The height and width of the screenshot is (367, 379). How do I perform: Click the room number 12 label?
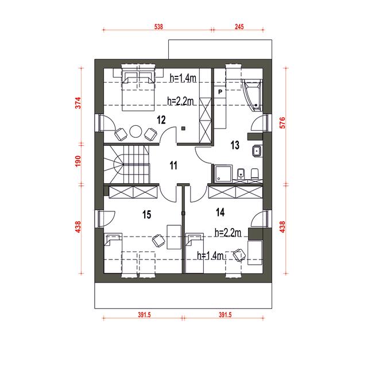[x=161, y=120]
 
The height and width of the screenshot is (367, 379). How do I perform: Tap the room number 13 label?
[x=235, y=145]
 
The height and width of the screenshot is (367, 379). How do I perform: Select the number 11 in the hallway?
[x=173, y=165]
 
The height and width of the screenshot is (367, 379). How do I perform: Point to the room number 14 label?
[x=220, y=212]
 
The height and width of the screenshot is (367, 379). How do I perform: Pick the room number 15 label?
[x=146, y=214]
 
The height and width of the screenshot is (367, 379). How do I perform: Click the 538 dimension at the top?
[x=158, y=26]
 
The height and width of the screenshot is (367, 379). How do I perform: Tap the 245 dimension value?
[x=239, y=26]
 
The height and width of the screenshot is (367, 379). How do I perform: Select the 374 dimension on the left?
[x=78, y=103]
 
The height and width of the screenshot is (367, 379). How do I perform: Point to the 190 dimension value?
[x=78, y=161]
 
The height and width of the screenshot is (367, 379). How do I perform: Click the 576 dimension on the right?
[x=282, y=122]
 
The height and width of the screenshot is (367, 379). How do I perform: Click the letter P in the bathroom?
[x=220, y=92]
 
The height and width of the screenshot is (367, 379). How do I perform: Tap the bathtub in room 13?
[x=252, y=95]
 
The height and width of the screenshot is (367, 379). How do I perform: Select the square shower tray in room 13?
[x=223, y=173]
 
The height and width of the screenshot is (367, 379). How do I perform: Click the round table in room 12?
[x=136, y=132]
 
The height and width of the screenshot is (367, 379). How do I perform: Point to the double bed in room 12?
[x=138, y=91]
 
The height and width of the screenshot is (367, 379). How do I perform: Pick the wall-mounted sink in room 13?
[x=257, y=151]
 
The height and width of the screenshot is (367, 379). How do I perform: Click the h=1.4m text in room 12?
[x=183, y=78]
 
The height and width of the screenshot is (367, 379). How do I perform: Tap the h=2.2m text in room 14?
[x=228, y=233]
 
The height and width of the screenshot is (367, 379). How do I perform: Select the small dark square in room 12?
[x=183, y=129]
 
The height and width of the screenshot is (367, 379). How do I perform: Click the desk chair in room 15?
[x=158, y=241]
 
